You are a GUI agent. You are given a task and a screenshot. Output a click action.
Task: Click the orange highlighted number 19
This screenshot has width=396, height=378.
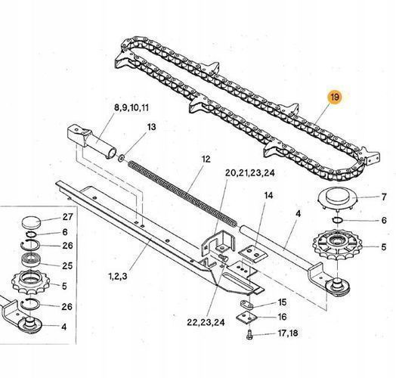tap(335, 97)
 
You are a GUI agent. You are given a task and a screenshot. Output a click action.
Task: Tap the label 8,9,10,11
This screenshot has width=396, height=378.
tap(131, 108)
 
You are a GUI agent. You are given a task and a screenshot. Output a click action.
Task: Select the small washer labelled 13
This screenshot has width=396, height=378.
tap(121, 159)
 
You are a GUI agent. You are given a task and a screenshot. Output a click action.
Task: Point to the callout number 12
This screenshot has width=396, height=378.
tap(206, 160)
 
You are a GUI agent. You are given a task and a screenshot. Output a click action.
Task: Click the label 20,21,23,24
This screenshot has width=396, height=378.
tap(250, 173)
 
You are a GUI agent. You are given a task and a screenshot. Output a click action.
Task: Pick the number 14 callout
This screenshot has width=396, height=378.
tap(269, 195)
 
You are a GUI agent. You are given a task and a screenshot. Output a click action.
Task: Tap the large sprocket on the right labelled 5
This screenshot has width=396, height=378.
tap(337, 245)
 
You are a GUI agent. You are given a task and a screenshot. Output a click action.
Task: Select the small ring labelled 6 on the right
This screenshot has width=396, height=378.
tap(337, 220)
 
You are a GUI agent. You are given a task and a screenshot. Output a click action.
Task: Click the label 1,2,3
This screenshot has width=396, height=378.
tap(118, 276)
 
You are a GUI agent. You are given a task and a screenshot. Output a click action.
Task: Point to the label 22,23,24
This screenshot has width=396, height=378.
tap(206, 322)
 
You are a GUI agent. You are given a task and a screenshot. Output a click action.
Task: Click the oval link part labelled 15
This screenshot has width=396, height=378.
tap(246, 304)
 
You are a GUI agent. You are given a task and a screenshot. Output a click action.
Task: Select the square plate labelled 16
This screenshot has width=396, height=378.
tap(246, 318)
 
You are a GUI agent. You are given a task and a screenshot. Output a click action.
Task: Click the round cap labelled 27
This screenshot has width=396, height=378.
tap(31, 222)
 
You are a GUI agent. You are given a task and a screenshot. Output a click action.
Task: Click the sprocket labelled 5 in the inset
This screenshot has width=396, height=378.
tap(31, 282)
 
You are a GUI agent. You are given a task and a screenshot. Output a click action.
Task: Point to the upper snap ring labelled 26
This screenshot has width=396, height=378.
tap(29, 245)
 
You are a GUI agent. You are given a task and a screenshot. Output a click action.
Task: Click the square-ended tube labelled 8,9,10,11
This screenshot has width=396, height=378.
tap(91, 141)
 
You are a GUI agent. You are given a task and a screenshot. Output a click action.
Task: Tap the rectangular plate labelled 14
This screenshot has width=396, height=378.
tap(253, 253)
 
